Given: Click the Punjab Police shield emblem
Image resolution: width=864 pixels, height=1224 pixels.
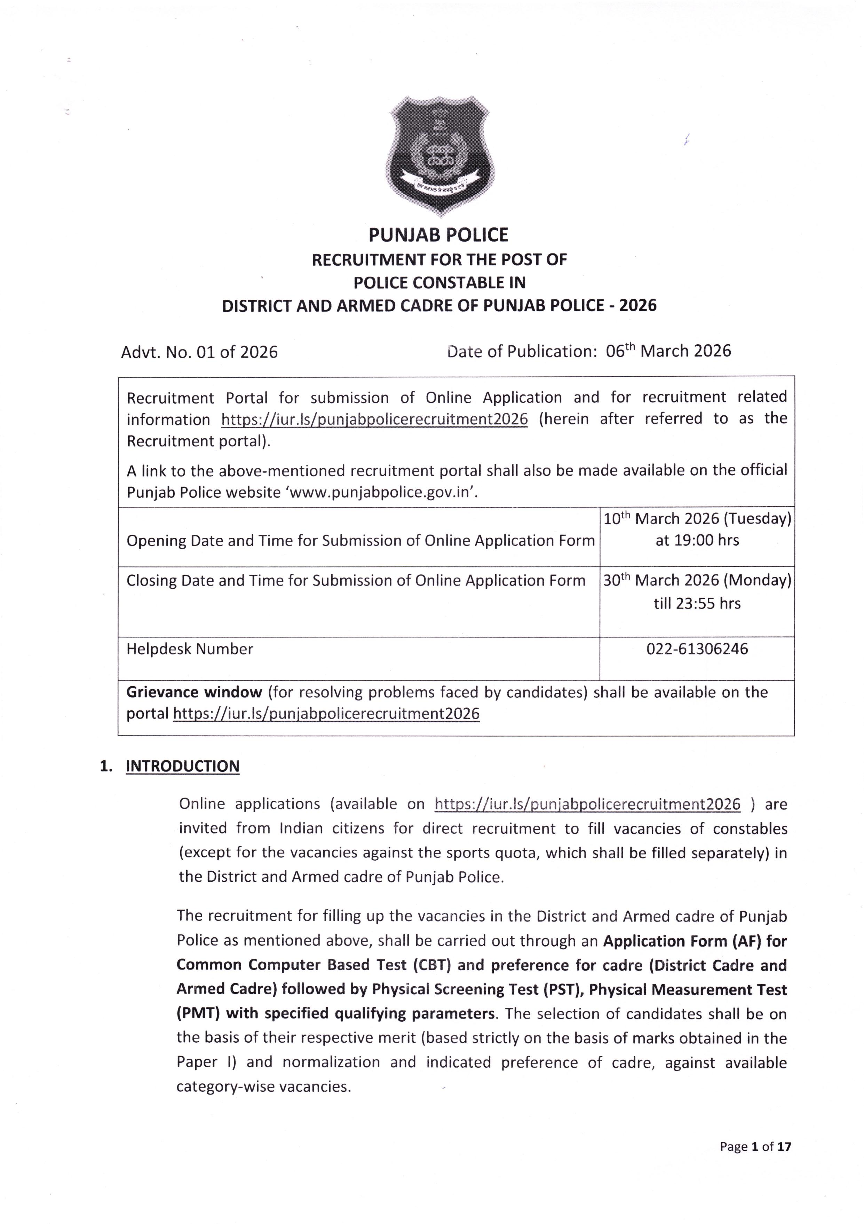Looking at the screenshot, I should point(439,156).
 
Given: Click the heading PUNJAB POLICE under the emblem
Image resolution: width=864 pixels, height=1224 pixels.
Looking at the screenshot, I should point(439,235).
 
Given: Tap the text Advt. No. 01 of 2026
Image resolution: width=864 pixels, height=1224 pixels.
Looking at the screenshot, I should point(199,352).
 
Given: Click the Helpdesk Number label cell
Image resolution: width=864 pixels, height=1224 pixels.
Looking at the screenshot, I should point(190,649).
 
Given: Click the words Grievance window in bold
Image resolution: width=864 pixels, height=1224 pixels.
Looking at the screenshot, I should point(194,692).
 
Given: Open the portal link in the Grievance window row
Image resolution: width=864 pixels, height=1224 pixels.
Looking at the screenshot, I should point(326,714).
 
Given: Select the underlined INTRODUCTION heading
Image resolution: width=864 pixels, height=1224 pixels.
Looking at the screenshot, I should point(182,766).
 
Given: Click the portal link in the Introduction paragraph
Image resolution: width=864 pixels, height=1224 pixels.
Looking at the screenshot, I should point(587,804).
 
